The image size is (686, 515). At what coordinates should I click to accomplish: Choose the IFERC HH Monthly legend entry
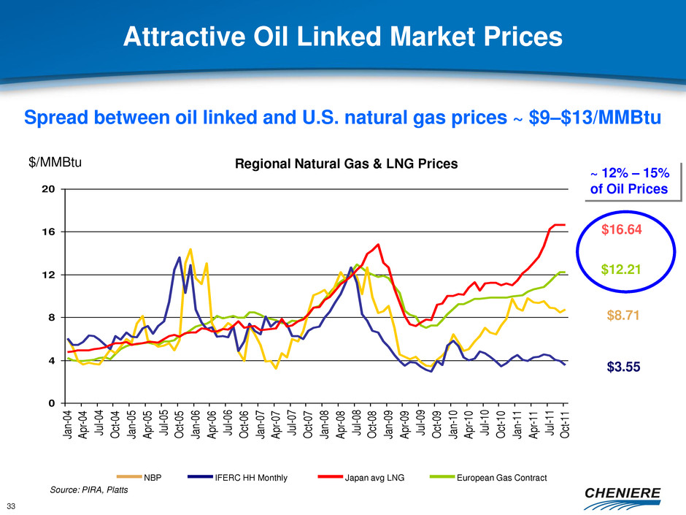(250, 478)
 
